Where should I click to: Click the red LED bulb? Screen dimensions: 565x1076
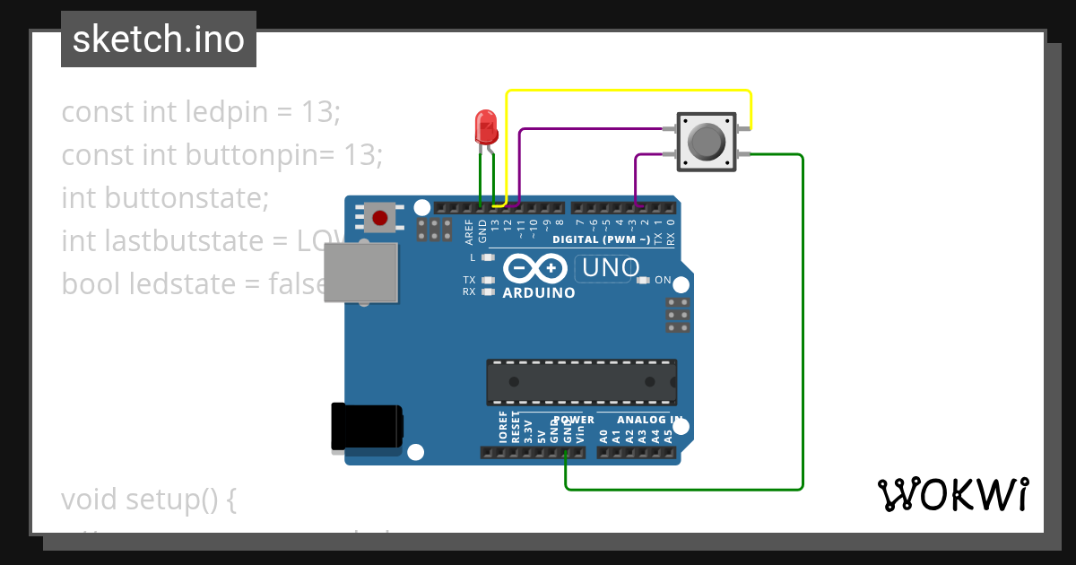485,126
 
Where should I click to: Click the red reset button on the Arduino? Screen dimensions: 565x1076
380,217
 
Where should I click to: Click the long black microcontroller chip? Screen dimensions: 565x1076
581,381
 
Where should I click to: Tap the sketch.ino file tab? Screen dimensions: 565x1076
159,39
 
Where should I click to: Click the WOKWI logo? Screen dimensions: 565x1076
952,494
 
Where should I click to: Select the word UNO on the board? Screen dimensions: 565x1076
611,267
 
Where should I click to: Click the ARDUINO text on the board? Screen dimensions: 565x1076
539,292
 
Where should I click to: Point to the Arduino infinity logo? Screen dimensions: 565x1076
534,268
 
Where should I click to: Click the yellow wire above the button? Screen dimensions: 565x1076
628,91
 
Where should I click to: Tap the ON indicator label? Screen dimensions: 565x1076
663,280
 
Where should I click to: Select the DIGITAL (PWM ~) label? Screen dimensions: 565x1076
601,239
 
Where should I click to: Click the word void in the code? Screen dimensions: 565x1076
89,499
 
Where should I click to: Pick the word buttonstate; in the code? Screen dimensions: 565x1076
187,197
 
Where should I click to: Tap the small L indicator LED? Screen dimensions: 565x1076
488,257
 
